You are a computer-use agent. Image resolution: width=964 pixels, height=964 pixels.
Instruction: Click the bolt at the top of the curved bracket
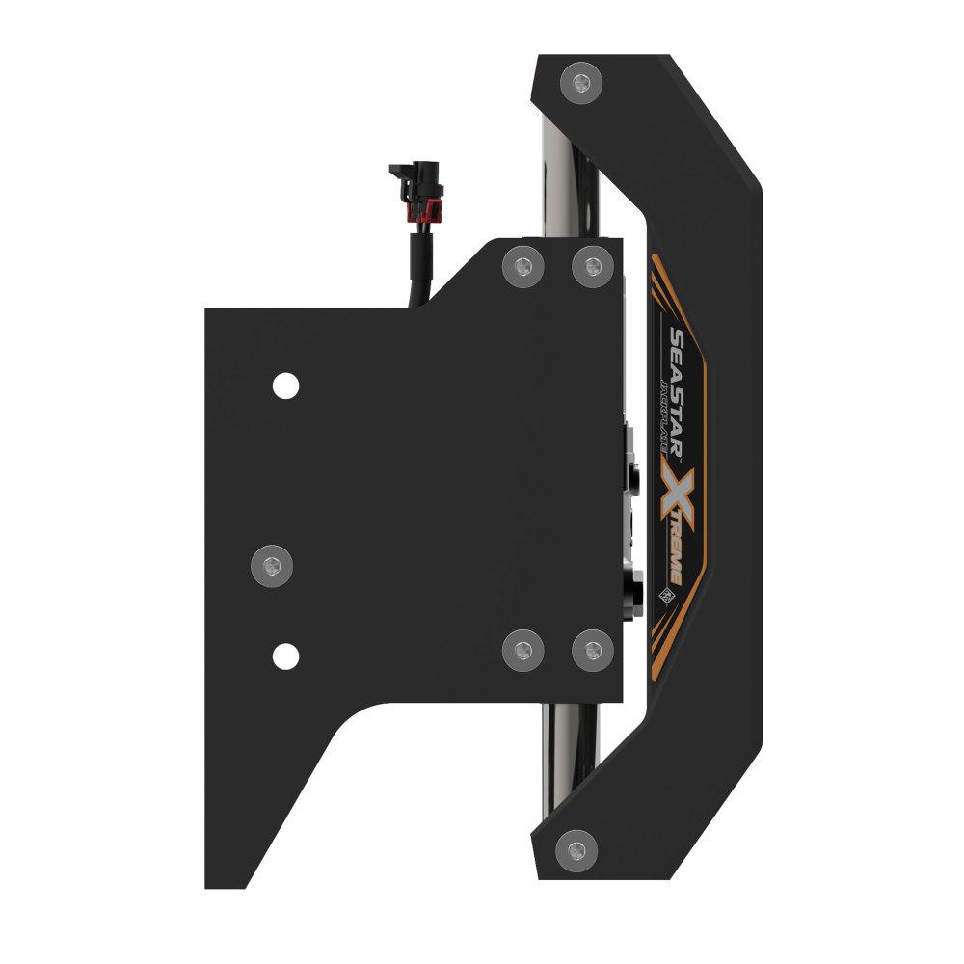coord(580,84)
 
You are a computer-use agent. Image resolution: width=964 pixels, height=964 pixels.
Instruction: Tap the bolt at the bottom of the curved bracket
coord(576,849)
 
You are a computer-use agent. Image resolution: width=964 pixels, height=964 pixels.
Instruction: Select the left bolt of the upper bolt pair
coord(522,265)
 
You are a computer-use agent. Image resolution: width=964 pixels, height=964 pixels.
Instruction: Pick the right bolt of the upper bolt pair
coord(591,265)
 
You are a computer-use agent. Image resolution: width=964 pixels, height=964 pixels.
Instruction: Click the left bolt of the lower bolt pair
coord(522,651)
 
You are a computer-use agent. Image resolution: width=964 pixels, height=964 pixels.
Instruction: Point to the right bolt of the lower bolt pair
coord(591,651)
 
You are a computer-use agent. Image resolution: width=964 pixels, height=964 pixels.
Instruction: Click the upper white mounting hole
coord(284,387)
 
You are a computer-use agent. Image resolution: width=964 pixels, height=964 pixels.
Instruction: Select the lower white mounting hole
coord(284,656)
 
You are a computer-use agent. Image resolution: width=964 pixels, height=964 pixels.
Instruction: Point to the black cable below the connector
coord(422,270)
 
